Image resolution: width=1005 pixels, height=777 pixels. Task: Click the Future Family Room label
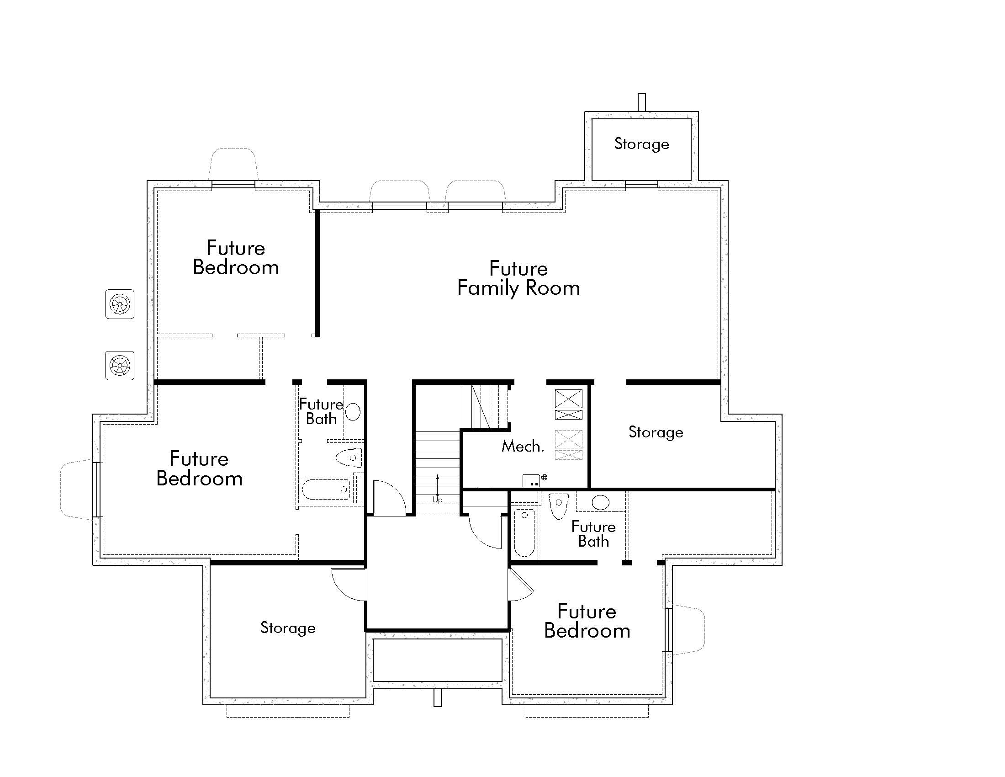518,278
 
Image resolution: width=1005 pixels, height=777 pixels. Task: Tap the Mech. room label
522,446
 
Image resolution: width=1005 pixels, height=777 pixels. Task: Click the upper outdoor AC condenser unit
120,304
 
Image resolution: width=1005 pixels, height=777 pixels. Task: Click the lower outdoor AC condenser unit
120,366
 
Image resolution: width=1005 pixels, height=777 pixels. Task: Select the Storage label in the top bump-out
641,144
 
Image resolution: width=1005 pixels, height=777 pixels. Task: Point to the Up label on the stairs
437,500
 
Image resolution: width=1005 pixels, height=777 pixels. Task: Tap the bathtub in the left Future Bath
326,490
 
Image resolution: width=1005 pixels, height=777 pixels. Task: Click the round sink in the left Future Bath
353,411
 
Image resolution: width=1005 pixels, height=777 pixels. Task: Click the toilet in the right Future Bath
559,505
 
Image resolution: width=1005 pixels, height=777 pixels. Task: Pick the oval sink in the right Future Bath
600,502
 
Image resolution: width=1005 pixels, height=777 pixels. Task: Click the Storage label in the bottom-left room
288,628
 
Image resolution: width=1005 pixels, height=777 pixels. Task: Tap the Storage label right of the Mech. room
656,432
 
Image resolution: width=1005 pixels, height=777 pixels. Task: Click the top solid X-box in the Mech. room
568,399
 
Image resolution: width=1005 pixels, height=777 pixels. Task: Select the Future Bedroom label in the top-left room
236,258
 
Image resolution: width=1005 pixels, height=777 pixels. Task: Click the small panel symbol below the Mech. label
531,480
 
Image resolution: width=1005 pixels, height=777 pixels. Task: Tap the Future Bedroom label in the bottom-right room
587,621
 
